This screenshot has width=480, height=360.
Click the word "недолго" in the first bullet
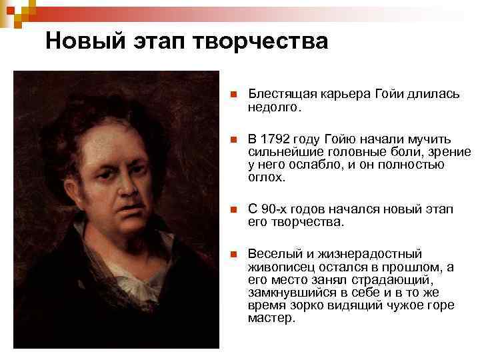coord(273,107)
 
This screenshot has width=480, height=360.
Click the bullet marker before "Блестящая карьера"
coord(233,95)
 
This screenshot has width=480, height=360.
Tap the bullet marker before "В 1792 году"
coord(233,140)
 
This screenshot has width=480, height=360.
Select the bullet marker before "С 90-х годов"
coord(233,210)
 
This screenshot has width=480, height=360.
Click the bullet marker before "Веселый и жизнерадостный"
coord(233,255)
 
